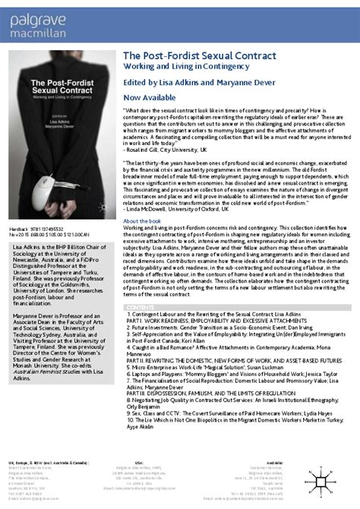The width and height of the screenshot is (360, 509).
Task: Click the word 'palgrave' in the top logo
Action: pyautogui.click(x=28, y=13)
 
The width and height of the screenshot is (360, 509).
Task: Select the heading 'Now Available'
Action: pyautogui.click(x=148, y=98)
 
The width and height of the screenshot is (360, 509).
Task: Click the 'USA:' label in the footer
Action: pyautogui.click(x=137, y=460)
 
